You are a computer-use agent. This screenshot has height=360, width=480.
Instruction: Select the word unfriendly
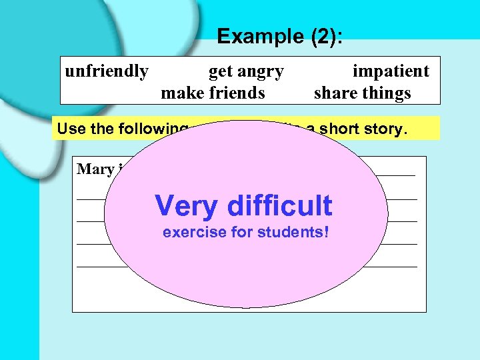[107, 71]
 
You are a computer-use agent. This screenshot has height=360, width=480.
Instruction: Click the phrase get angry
[246, 71]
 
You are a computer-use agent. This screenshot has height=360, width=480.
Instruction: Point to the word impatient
[391, 71]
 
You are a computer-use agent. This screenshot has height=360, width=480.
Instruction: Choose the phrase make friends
[213, 93]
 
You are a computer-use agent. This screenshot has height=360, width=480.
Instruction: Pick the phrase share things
[362, 93]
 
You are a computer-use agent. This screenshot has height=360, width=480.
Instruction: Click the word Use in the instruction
[70, 128]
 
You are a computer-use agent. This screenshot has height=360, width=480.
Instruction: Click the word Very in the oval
[185, 206]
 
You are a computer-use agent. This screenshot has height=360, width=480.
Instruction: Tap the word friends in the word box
[237, 93]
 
